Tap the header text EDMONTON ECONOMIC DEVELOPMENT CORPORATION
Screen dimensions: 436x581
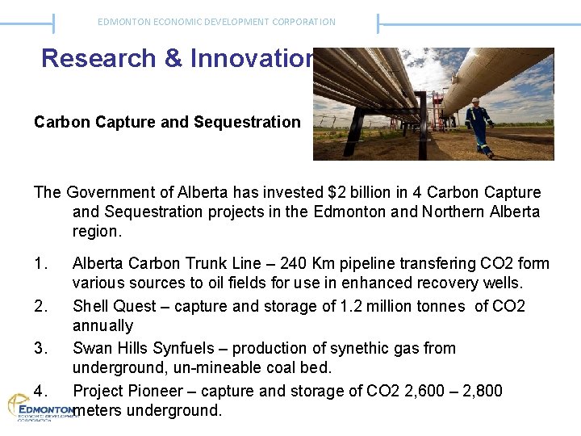pos(216,22)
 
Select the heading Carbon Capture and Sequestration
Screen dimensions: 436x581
pos(167,122)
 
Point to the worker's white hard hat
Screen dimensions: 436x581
pos(476,101)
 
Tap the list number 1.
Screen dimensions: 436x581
pos(40,263)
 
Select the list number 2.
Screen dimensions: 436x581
pos(40,306)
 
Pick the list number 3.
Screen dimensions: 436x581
pos(40,348)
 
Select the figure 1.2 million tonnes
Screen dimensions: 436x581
pos(387,306)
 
